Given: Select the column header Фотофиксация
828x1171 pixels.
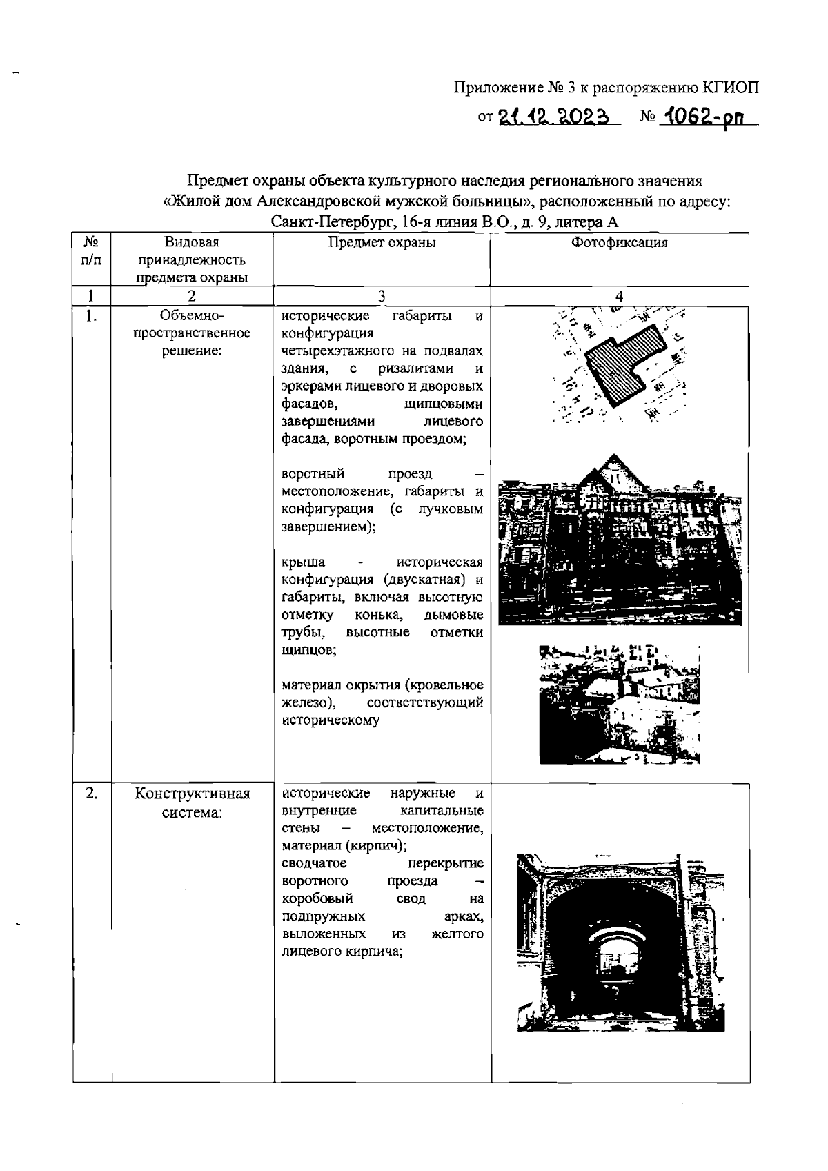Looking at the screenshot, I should pos(619,243).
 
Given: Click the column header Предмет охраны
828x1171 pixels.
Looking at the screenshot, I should pos(382,243).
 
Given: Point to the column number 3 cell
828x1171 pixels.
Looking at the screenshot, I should pos(382,296).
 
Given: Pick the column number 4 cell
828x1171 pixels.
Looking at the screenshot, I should pos(619,296).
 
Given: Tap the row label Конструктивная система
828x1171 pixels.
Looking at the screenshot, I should pos(192,803).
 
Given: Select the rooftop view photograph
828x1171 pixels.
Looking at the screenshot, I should pos(619,704).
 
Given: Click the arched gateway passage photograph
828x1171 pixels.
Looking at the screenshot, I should pos(620,943).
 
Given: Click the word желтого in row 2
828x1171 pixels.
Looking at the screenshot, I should pos(457,934).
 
